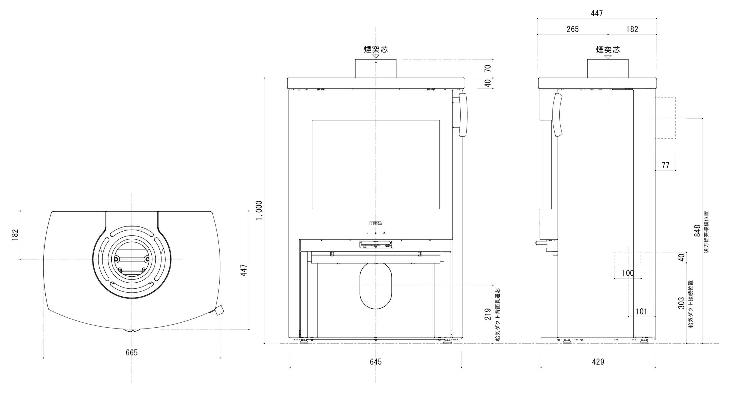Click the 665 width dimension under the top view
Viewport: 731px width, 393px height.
132,353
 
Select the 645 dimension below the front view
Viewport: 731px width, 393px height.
375,362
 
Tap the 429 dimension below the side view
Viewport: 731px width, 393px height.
598,362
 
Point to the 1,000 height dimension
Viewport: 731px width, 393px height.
259,210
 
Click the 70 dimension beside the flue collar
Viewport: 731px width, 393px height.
488,68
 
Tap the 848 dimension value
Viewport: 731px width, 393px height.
697,231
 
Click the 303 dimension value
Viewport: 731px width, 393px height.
681,303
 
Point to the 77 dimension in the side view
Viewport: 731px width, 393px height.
665,165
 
